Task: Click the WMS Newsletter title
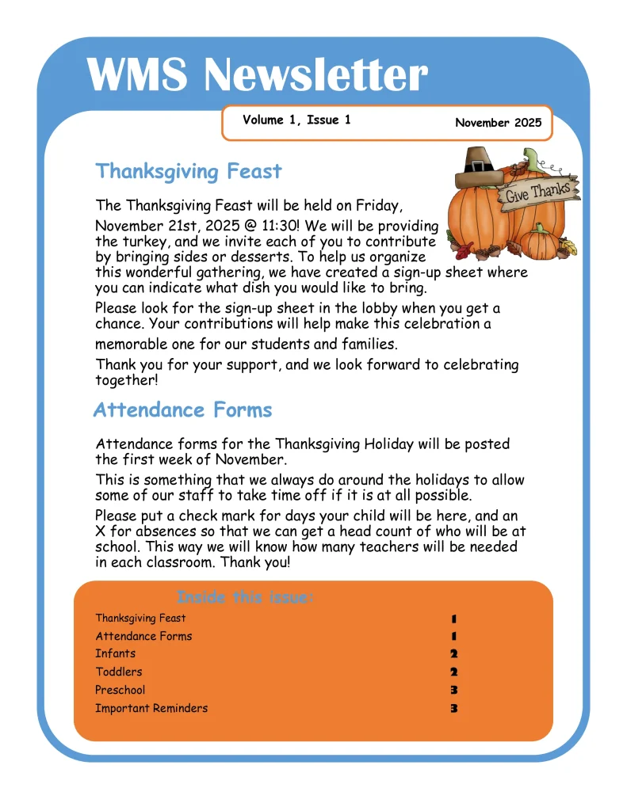pos(257,75)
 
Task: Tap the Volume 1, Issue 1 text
pos(296,120)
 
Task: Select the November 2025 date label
pos(498,123)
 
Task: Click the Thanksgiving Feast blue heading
pos(189,171)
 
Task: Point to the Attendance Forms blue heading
pos(182,409)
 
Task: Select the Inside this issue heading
pos(245,597)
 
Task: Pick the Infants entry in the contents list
pos(116,653)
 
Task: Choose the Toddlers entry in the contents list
pos(119,672)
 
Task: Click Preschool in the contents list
pos(120,690)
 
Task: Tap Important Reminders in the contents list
pos(151,708)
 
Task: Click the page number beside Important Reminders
pos(454,709)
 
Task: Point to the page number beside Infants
pos(454,654)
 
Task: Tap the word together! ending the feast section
pos(127,379)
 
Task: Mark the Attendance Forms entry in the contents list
pos(143,636)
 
